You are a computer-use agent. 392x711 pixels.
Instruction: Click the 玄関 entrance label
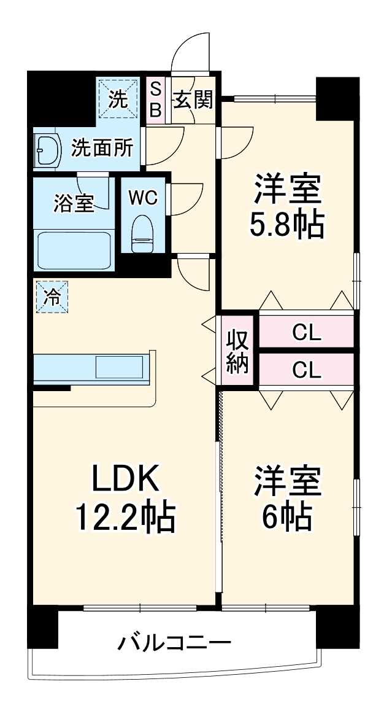point(193,99)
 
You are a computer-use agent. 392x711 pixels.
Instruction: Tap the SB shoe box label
point(156,99)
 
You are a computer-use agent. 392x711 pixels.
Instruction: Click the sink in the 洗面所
point(47,149)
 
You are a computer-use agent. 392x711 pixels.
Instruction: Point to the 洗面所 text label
point(102,148)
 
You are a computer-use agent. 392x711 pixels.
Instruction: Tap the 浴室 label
point(74,203)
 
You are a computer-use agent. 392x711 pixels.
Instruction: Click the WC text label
point(143,198)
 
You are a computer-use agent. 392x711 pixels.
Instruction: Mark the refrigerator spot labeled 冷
point(52,297)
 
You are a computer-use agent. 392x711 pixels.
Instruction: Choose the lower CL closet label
point(306,370)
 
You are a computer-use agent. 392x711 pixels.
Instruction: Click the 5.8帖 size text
point(286,227)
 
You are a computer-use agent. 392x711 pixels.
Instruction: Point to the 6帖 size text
point(286,518)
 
